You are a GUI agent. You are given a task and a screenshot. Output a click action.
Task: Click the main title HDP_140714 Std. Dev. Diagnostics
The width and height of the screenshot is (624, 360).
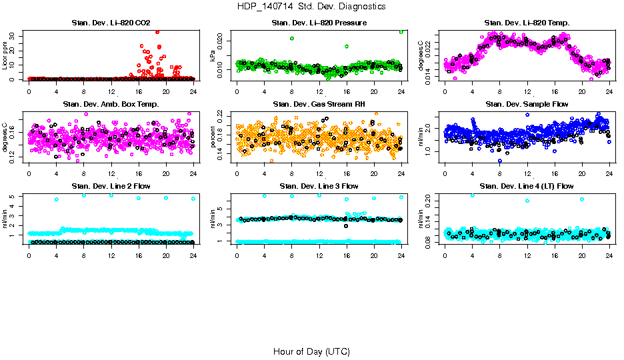(x=311, y=6)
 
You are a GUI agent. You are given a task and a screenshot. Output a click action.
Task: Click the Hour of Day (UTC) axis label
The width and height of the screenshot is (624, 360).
(x=311, y=351)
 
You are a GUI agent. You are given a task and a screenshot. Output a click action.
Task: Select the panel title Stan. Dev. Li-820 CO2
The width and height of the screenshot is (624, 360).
(x=111, y=23)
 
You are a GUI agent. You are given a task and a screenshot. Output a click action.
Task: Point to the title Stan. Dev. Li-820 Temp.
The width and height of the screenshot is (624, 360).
(x=527, y=23)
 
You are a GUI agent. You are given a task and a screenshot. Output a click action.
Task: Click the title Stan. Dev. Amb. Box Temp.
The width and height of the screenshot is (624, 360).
(x=111, y=104)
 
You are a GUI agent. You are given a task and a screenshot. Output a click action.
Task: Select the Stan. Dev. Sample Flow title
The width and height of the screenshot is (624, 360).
(x=527, y=104)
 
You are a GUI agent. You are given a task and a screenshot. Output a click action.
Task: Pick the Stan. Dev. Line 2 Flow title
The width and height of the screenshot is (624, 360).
(x=111, y=186)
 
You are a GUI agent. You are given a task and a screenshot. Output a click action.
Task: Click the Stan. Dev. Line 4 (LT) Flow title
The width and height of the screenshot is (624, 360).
(x=527, y=186)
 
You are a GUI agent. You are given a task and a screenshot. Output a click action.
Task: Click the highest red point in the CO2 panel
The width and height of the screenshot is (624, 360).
(x=157, y=31)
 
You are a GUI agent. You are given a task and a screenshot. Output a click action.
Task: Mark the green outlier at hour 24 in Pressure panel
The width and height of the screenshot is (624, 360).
(x=401, y=31)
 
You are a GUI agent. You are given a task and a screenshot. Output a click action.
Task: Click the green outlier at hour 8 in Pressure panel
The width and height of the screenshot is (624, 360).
(x=292, y=39)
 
